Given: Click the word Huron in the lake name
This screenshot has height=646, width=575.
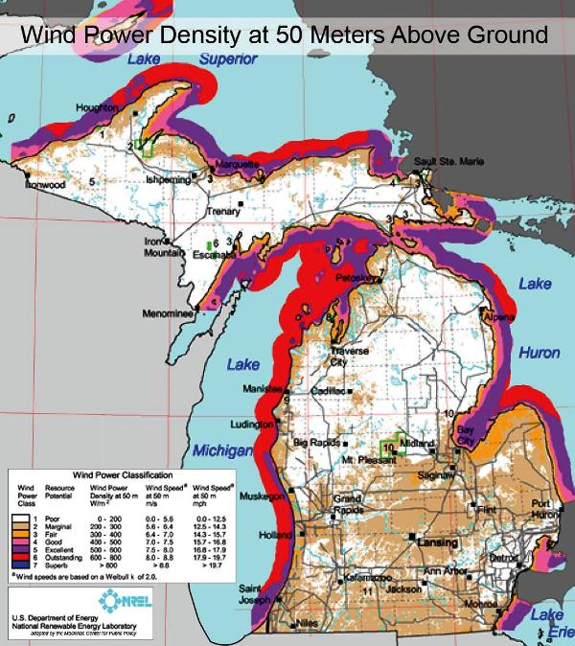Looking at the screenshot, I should pyautogui.click(x=539, y=353).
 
